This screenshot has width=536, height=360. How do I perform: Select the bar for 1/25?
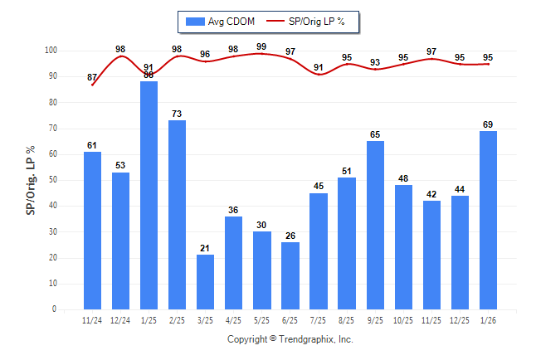click(x=149, y=195)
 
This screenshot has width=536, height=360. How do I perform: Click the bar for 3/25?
click(x=205, y=282)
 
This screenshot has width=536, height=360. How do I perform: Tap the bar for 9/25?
click(x=375, y=225)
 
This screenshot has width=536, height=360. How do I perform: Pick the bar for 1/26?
click(x=488, y=220)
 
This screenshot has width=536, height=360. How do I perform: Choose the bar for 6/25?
click(x=290, y=275)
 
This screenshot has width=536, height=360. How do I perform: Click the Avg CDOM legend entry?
click(x=219, y=21)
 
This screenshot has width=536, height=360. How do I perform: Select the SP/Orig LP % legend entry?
click(x=316, y=21)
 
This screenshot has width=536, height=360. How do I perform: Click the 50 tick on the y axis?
click(x=52, y=180)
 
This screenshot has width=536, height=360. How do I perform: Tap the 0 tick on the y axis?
click(x=55, y=309)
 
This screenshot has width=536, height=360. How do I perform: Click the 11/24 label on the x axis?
click(x=92, y=321)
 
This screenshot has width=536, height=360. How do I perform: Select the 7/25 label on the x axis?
click(x=319, y=321)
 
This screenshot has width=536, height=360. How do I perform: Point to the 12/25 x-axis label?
click(x=460, y=321)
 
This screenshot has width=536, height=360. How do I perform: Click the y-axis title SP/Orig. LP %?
click(x=31, y=180)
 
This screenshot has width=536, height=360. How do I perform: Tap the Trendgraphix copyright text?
click(x=290, y=339)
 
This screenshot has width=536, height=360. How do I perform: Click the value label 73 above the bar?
click(x=177, y=114)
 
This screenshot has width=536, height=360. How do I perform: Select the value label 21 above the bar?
click(x=205, y=248)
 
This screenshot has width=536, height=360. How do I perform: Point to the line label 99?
click(x=262, y=46)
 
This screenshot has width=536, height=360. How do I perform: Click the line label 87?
click(x=92, y=77)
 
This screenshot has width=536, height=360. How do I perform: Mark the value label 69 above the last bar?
click(x=488, y=124)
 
